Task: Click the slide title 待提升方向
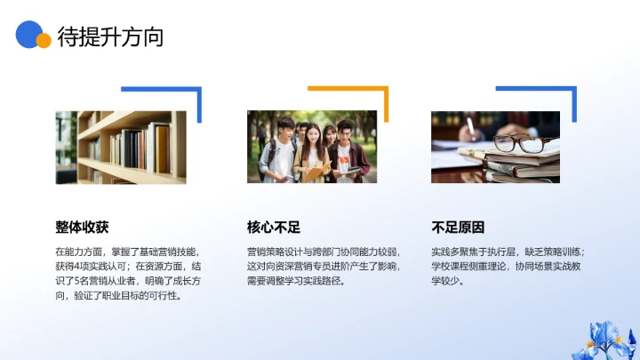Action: point(110,37)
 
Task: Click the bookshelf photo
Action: point(121,147)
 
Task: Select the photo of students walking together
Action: point(312,147)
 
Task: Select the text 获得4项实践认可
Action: point(92,266)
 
